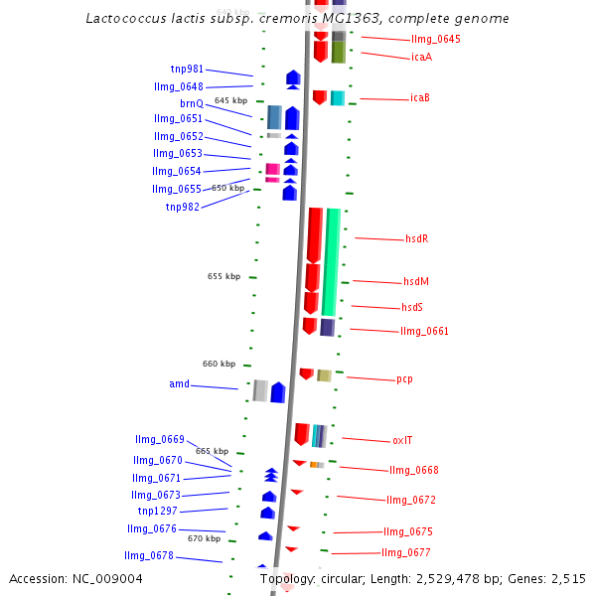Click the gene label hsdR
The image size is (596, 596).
pos(416,239)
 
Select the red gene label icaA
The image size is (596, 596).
pos(421,57)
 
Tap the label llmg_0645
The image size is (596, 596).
pos(435,40)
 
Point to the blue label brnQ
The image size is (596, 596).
pos(192,103)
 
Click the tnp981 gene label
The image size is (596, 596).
pos(187,70)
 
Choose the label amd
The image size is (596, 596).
pos(179,384)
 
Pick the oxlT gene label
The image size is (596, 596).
pos(402,440)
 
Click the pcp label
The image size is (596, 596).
pos(404,379)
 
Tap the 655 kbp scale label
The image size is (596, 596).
pos(223,276)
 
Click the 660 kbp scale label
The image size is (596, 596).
pos(219,364)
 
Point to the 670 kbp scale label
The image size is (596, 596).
pos(204,538)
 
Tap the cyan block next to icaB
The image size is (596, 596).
pos(338,97)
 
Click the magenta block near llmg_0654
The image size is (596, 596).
pos(272,169)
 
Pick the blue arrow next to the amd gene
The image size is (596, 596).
pos(278,392)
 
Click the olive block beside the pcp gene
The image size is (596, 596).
pos(324,375)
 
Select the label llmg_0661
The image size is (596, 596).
pos(424,332)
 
